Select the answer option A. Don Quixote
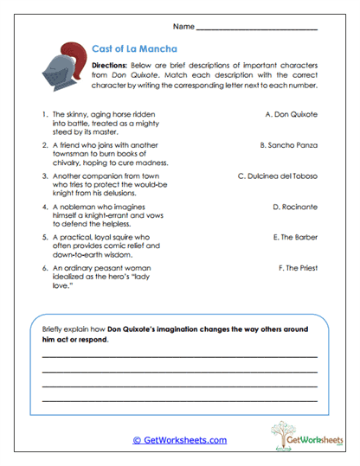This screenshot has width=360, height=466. coord(292,113)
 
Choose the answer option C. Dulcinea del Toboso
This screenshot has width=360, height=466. coord(277,176)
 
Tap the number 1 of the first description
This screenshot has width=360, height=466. coord(43,113)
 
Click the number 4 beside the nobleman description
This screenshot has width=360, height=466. coord(43,207)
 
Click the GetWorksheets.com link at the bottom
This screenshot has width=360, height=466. coord(179,440)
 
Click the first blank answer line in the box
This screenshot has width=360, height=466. coord(179,355)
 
